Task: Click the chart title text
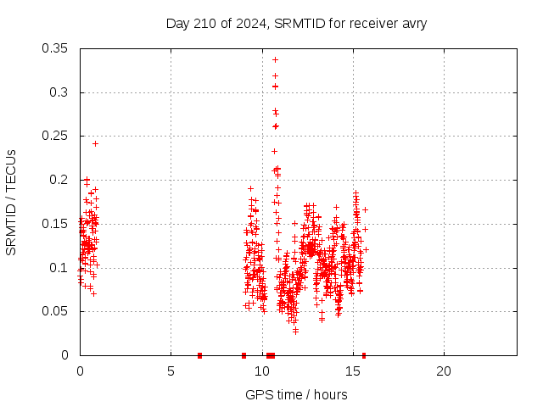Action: coord(296,23)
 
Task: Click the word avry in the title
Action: coord(412,23)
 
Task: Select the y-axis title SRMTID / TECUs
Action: coord(11,202)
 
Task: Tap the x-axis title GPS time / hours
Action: coord(296,394)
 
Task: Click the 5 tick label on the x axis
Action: coord(171,371)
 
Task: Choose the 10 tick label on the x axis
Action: coord(261,371)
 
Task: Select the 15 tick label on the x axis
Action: coord(352,371)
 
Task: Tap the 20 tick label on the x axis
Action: coord(444,371)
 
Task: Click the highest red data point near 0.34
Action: coord(275,59)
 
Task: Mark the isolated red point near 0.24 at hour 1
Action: coord(95,143)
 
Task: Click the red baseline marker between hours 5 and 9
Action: coord(199,355)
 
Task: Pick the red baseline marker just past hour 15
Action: coord(364,355)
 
